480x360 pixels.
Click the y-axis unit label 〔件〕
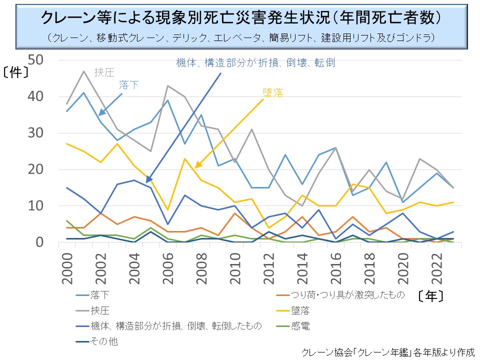pyautogui.click(x=15, y=71)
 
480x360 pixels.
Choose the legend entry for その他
pyautogui.click(x=105, y=342)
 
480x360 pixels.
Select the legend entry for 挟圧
pyautogui.click(x=100, y=310)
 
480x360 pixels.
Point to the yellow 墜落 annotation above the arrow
pyautogui.click(x=273, y=92)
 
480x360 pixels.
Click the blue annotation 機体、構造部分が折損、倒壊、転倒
pyautogui.click(x=255, y=62)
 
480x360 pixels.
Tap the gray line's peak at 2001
pyautogui.click(x=83, y=71)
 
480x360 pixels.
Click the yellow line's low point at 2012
pyautogui.click(x=268, y=228)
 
